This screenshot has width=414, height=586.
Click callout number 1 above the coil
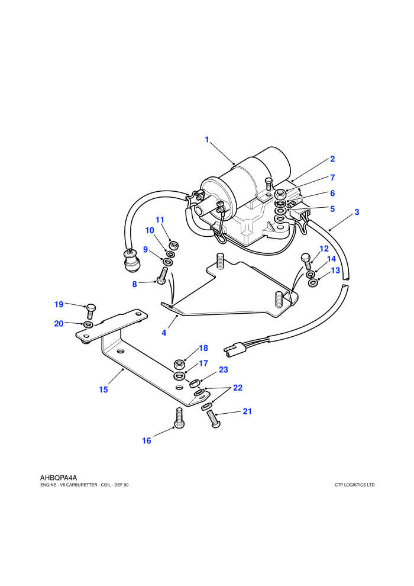[207, 140]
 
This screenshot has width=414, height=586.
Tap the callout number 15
[103, 389]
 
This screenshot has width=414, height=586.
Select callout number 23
[223, 369]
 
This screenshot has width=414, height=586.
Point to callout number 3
[357, 212]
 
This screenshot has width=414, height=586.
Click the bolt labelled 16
[179, 418]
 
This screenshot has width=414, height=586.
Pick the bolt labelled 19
[91, 311]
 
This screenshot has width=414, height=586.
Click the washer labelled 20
[89, 324]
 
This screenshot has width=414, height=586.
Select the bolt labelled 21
[213, 419]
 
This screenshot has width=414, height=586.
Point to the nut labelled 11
[174, 246]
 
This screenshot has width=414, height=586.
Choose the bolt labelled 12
[306, 261]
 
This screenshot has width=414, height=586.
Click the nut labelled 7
[281, 195]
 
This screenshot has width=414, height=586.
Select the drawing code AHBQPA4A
[58, 478]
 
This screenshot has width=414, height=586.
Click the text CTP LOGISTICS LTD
[355, 485]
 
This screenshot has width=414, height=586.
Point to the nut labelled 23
[195, 384]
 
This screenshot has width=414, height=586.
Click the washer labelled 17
[179, 375]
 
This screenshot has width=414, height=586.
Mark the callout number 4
[164, 333]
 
